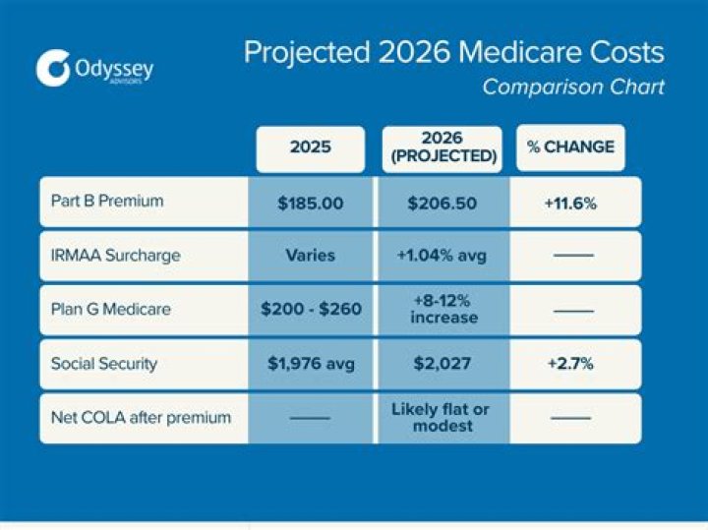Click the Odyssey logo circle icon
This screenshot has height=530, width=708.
pos(53,68)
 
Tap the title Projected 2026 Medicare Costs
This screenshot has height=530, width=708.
pos(453,52)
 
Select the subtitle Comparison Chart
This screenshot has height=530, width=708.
pos(572,88)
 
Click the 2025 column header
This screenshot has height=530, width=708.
pos(310,147)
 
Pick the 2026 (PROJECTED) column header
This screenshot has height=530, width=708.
pos(441,147)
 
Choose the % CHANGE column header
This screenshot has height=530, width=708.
pos(570,147)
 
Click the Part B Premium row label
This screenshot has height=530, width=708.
pos(107,201)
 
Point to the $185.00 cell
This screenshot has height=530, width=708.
pos(311,203)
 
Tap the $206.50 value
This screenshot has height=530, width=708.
pos(442,203)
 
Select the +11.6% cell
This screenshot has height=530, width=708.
pos(570,203)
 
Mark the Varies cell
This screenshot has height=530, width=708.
pos(311,255)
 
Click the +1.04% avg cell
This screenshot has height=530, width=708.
pos(442,255)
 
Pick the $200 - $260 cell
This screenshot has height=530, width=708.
pos(311,309)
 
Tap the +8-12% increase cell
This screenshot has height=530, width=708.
pos(442,309)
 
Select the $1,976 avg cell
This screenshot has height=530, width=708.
pos(311,364)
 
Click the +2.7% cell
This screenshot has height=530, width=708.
pos(570,364)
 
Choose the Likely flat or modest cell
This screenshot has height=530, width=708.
pos(442,418)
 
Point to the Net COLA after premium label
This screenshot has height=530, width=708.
pos(141,418)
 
